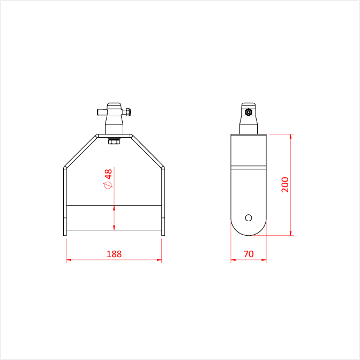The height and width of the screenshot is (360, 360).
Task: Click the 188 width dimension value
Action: point(114,254)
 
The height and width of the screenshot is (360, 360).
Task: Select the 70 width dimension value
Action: point(249,254)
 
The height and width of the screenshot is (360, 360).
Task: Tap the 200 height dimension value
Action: point(285,185)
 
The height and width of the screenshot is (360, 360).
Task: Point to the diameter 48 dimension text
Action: point(108,179)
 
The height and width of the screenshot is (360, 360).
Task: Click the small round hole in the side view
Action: point(249,217)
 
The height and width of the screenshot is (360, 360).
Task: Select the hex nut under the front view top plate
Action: point(114,141)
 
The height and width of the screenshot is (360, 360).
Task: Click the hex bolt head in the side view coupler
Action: point(249,112)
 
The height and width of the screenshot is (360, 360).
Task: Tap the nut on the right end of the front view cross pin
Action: point(127,112)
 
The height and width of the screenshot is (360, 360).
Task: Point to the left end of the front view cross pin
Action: point(97,112)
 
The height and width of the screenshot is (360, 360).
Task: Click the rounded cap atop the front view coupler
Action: point(114,106)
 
